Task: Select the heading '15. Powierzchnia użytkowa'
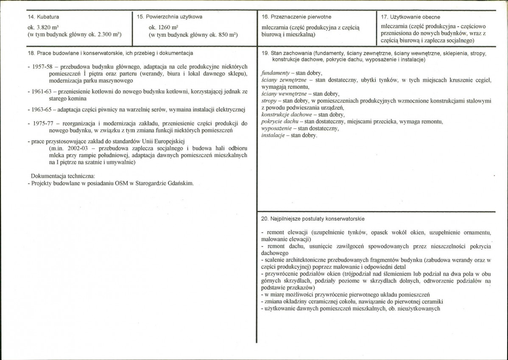(x=170, y=17)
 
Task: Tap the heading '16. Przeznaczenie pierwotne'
(x=297, y=17)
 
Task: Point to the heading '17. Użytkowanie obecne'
(x=410, y=17)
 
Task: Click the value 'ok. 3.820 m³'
(x=42, y=27)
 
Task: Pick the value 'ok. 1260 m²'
(x=159, y=27)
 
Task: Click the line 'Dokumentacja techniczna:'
(x=63, y=176)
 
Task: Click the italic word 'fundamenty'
(x=276, y=73)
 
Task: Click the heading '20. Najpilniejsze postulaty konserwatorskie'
(x=313, y=219)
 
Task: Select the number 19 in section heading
(x=265, y=53)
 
